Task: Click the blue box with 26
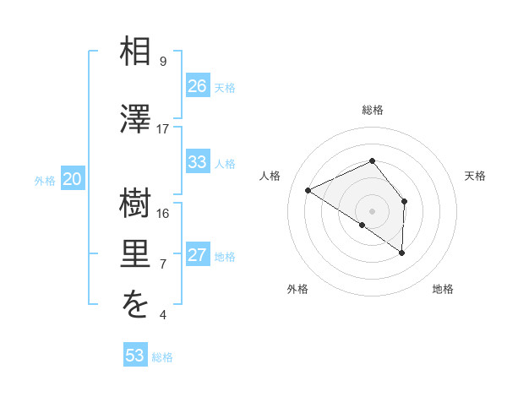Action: pos(198,86)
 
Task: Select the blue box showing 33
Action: pos(198,162)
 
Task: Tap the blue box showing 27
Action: pos(198,255)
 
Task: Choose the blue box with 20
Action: pos(73,179)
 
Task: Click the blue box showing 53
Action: pos(135,356)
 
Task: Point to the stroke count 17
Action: pos(163,129)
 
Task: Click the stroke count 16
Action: pos(163,214)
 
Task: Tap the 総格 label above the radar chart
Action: pos(372,110)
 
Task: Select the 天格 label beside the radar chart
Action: pos(475,176)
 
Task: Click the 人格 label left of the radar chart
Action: pos(270,176)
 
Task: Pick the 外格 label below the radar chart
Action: pos(297,289)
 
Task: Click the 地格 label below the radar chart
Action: pos(443,289)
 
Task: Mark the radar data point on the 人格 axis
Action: pos(308,190)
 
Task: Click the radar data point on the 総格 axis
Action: pos(372,161)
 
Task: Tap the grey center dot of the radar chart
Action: pos(372,209)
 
